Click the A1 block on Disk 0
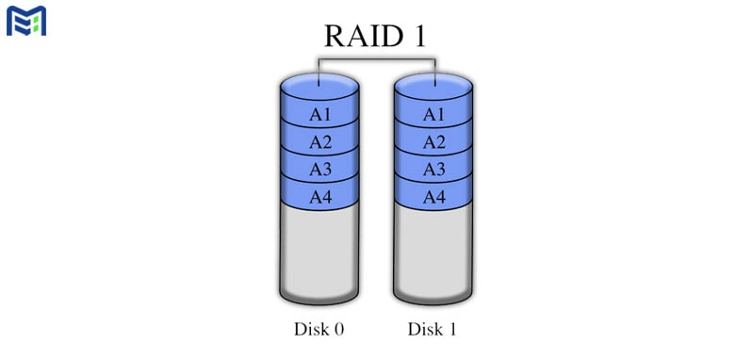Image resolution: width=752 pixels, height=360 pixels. pos(320,115)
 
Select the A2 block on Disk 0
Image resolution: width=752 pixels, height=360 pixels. pos(320,143)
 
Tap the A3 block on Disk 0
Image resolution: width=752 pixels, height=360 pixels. pos(320,171)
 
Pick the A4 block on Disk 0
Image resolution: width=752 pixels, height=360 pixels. pos(320,198)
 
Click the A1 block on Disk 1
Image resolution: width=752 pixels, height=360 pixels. pos(433,115)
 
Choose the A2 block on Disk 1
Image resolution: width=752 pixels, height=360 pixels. pos(433,143)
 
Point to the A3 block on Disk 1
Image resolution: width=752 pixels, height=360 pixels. pos(433,171)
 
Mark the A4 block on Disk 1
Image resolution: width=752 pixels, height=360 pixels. pos(433,198)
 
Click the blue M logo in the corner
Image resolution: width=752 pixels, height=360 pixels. pos(26,20)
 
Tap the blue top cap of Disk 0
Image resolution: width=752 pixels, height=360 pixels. pos(320,85)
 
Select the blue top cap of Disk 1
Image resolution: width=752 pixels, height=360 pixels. pos(433,85)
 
